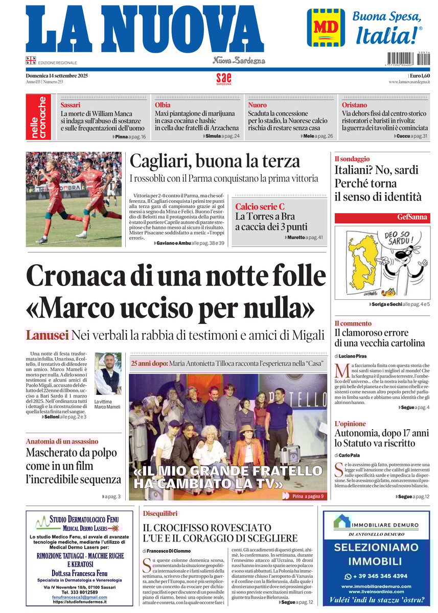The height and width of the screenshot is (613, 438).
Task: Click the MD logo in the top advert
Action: pos(326,28)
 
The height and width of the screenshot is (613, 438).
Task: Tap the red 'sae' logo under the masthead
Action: pos(223,79)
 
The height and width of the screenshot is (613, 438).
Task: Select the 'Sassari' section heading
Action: pos(71,105)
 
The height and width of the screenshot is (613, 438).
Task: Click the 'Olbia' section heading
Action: pos(163,105)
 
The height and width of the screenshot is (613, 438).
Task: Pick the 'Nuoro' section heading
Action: pos(258,105)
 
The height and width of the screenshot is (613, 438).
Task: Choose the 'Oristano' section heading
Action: pos(354,105)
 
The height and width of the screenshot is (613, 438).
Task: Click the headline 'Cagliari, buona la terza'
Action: pos(215,161)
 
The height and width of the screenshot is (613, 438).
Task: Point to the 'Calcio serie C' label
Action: pos(260,207)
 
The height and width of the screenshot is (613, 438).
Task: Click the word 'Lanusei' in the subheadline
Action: pos(47,336)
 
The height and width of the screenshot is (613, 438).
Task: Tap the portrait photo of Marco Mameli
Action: pos(108,374)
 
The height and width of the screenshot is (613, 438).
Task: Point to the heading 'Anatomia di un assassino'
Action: pos(62,441)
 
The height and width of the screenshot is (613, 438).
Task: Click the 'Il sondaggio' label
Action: pos(352,159)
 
